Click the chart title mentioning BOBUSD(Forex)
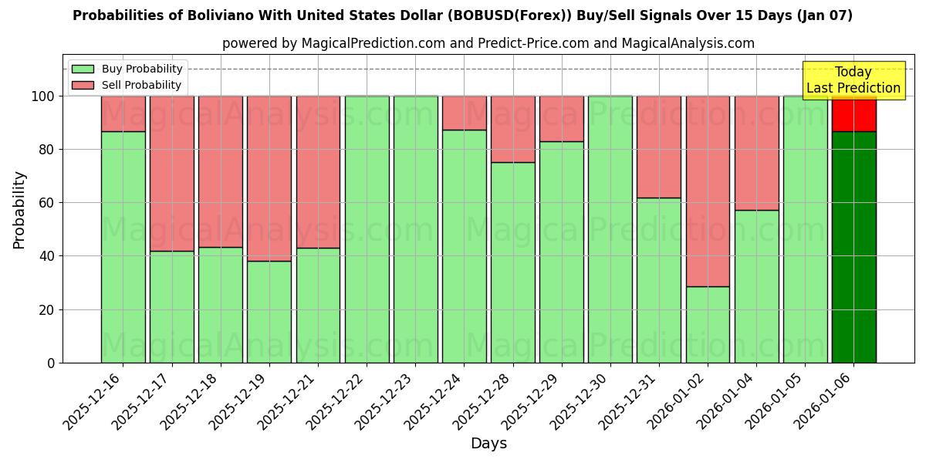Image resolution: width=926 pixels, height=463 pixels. click(x=462, y=15)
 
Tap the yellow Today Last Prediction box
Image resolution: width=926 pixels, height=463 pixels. click(x=853, y=80)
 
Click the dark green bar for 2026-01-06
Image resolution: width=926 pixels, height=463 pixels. click(x=853, y=247)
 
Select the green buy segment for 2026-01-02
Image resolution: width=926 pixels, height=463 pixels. click(x=708, y=324)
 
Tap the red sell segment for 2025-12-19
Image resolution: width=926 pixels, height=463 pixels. click(x=269, y=178)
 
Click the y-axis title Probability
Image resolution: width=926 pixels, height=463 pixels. click(x=19, y=209)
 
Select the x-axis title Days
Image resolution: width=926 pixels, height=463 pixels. click(x=488, y=444)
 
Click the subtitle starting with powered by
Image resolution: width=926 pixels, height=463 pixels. click(x=488, y=43)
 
